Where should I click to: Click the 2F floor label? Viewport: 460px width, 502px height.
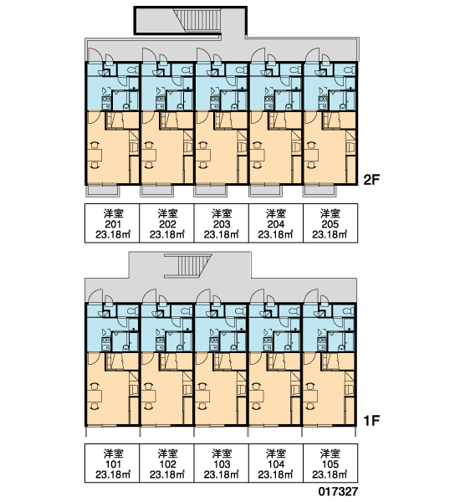pyautogui.click(x=371, y=180)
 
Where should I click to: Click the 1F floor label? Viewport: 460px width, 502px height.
pyautogui.click(x=371, y=420)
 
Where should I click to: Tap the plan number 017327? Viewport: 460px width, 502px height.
pyautogui.click(x=338, y=491)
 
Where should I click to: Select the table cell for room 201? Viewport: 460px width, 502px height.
pyautogui.click(x=112, y=223)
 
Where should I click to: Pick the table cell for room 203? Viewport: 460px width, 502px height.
pyautogui.click(x=221, y=223)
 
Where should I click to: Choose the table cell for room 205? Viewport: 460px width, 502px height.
pyautogui.click(x=330, y=223)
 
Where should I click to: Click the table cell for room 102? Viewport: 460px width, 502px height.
pyautogui.click(x=166, y=463)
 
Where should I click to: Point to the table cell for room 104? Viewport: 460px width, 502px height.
pyautogui.click(x=276, y=463)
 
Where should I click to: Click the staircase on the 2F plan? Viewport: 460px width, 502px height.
pyautogui.click(x=197, y=20)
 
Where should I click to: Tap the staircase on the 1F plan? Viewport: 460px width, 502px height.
pyautogui.click(x=188, y=266)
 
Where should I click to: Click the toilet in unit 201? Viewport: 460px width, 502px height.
pyautogui.click(x=132, y=69)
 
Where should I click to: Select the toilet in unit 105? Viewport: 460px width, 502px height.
pyautogui.click(x=349, y=310)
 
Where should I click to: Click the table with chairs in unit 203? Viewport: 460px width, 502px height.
pyautogui.click(x=203, y=156)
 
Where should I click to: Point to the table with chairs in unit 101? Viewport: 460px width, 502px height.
pyautogui.click(x=95, y=396)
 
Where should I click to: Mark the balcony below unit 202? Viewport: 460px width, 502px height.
pyautogui.click(x=157, y=191)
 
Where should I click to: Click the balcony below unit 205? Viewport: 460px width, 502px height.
pyautogui.click(x=319, y=191)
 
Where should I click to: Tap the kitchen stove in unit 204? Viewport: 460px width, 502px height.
pyautogui.click(x=268, y=99)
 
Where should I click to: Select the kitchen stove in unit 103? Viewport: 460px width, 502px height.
pyautogui.click(x=214, y=341)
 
